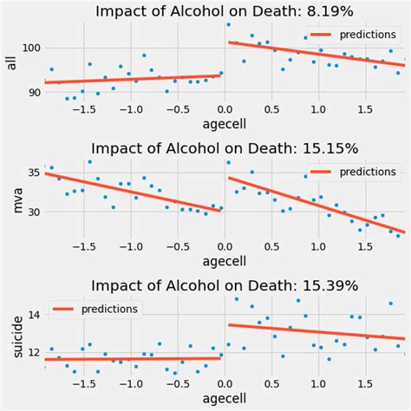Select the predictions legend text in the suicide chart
pos(110,309)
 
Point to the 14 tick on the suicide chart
pos(31,316)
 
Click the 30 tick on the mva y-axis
pos(31,212)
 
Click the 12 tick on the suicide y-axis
pos(31,352)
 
